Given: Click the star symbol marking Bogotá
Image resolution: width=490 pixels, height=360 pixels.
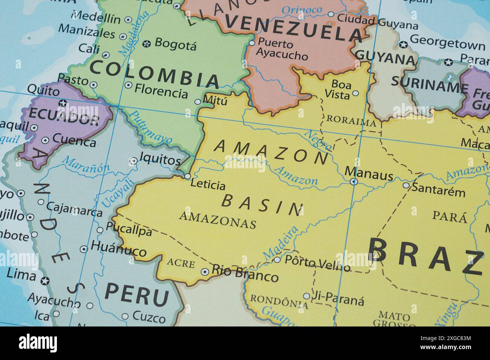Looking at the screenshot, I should click(x=147, y=44).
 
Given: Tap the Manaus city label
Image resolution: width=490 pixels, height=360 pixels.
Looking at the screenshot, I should click(x=369, y=174).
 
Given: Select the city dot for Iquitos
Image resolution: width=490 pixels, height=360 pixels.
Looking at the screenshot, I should click(x=133, y=161).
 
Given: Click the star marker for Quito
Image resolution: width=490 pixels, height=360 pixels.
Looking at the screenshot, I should click(x=63, y=103).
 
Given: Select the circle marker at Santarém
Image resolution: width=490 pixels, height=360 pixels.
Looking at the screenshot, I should click(x=406, y=185).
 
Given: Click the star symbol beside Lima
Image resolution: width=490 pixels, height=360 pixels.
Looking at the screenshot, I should click(x=45, y=280).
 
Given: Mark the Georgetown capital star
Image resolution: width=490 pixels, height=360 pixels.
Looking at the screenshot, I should click(x=403, y=45).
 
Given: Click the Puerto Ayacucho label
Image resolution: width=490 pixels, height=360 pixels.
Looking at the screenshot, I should click(x=281, y=50).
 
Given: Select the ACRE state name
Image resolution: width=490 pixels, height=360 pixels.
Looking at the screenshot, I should click(x=181, y=263).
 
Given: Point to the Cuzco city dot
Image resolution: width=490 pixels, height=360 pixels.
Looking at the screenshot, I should click(x=125, y=317).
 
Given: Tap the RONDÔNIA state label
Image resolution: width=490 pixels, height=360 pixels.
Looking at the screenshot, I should click(x=279, y=301).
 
